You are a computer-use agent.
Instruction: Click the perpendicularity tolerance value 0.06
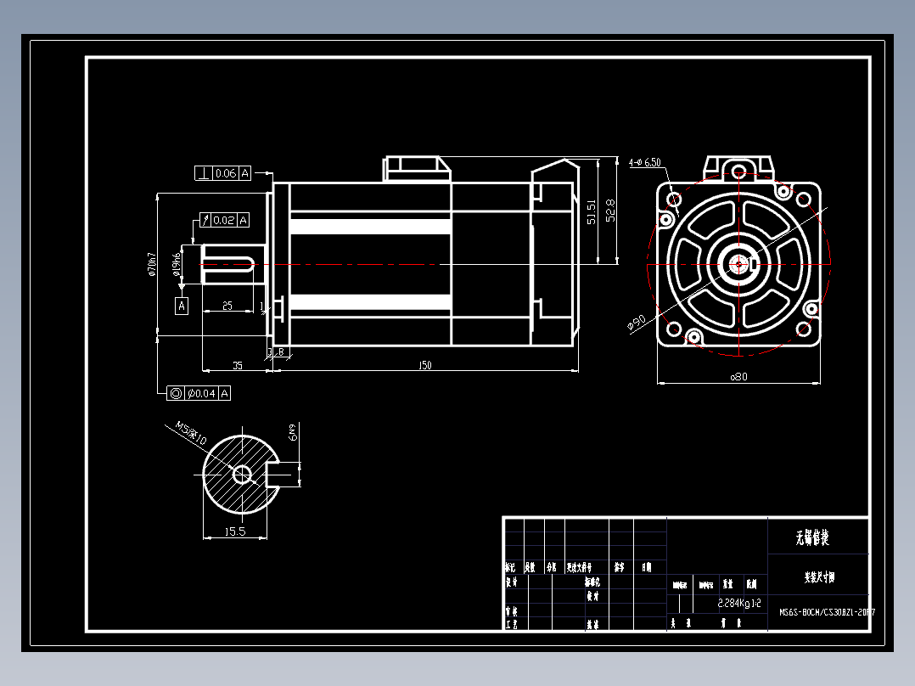[225, 173]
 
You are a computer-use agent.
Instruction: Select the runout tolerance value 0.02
[224, 220]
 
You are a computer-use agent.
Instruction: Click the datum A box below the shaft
[181, 306]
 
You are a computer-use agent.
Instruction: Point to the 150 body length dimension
[424, 366]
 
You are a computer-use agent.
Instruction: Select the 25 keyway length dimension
[227, 306]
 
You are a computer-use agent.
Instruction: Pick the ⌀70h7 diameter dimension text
[151, 264]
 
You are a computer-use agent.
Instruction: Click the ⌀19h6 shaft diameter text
[177, 264]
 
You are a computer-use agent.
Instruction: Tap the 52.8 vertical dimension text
[610, 211]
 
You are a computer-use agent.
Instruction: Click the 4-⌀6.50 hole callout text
[645, 161]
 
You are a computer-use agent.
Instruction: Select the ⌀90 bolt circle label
[636, 323]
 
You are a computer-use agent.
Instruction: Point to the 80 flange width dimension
[739, 377]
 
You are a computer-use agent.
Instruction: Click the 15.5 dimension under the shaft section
[235, 531]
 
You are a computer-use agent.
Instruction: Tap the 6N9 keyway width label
[294, 432]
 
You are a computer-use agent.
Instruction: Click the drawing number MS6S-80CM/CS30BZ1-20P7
[825, 611]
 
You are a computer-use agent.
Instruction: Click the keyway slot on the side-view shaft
[230, 263]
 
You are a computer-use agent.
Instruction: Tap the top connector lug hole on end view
[738, 168]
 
